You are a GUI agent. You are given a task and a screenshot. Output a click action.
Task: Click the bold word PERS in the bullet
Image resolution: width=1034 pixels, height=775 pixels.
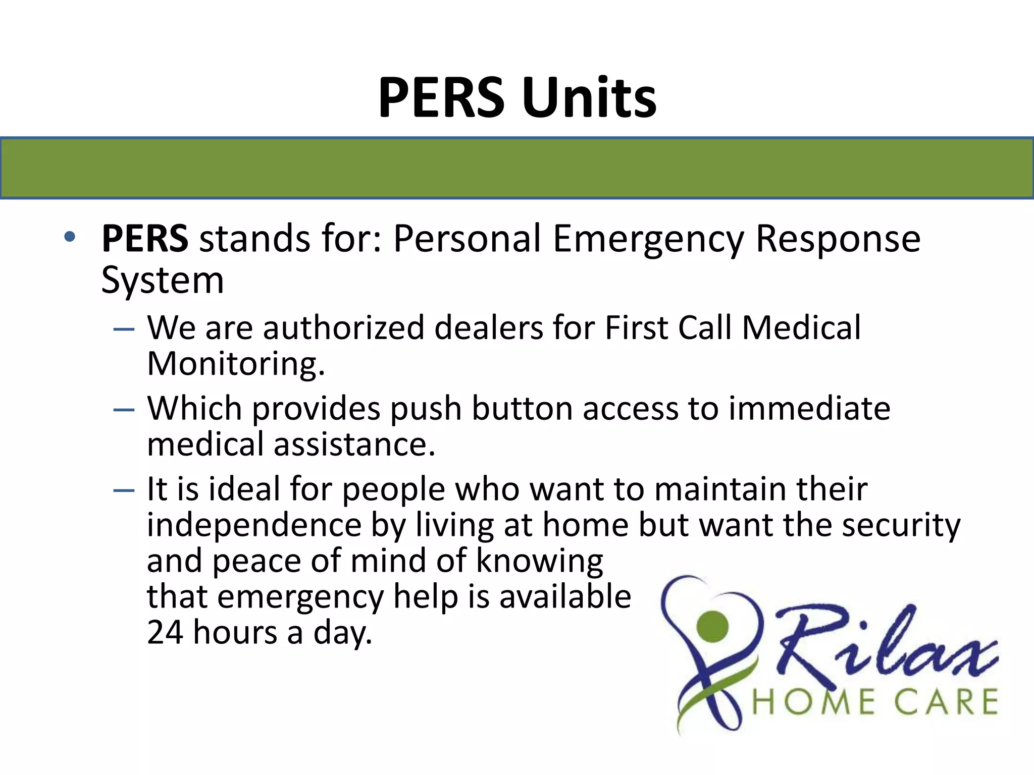(145, 238)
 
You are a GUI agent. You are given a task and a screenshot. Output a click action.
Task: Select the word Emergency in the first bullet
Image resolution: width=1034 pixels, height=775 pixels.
(648, 239)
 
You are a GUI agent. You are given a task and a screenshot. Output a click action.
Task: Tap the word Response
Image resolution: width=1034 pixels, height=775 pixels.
(838, 238)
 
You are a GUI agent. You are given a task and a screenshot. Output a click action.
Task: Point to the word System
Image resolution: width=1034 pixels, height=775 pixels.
(162, 281)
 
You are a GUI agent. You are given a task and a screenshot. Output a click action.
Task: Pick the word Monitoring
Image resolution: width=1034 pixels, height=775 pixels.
(236, 364)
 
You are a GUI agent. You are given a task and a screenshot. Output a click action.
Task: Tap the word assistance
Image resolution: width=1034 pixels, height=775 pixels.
(354, 445)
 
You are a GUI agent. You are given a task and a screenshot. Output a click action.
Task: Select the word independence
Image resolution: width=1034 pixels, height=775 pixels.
(254, 525)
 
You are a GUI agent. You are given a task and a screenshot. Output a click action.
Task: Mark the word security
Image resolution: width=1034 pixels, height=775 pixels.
(901, 525)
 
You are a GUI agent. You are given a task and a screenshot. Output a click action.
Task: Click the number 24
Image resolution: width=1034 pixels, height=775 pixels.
(165, 632)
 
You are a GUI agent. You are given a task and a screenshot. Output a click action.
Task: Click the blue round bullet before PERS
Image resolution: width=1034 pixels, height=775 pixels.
(70, 237)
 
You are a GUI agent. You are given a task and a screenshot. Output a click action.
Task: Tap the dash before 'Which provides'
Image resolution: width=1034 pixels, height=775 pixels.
(124, 410)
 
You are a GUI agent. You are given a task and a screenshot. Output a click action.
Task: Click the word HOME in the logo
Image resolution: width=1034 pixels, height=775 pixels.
(813, 702)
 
